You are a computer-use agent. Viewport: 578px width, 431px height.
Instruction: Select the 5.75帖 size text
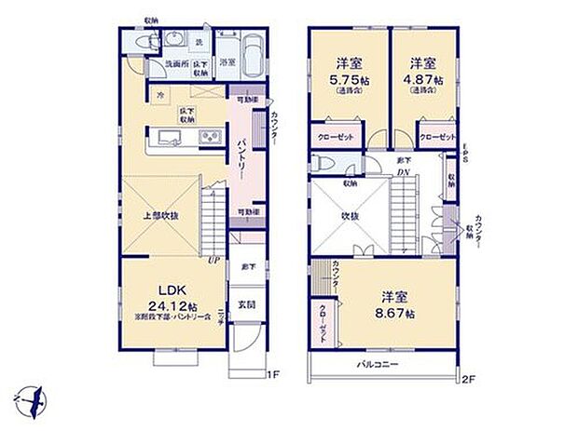349,80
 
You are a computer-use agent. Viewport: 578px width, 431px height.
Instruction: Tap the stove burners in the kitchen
207,140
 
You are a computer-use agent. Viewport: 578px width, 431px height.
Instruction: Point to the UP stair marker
213,260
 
